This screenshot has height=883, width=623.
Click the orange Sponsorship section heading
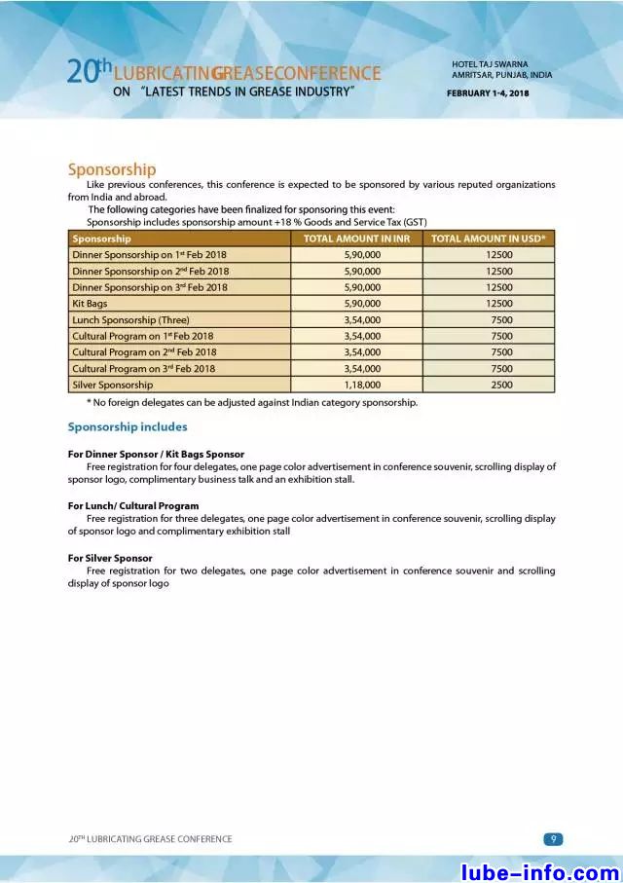111,169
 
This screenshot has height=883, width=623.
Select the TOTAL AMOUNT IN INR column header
356,239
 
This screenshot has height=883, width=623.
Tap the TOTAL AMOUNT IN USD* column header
488,239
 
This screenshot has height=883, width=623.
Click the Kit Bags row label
90,304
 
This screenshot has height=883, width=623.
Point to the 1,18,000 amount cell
362,385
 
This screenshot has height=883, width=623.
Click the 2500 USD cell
501,385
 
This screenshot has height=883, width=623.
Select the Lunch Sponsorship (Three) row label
130,319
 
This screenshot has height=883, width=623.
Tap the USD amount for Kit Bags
499,304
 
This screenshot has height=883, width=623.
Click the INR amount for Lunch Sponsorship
362,319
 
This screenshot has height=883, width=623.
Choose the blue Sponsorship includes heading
127,427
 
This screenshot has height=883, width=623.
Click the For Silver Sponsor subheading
110,558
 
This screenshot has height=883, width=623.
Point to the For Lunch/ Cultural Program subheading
133,506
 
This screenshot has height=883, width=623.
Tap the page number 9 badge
552,839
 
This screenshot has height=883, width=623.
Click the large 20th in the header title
86,71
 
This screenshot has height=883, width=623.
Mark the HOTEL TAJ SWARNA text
490,64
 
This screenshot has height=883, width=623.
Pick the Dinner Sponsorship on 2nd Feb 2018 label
150,272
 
